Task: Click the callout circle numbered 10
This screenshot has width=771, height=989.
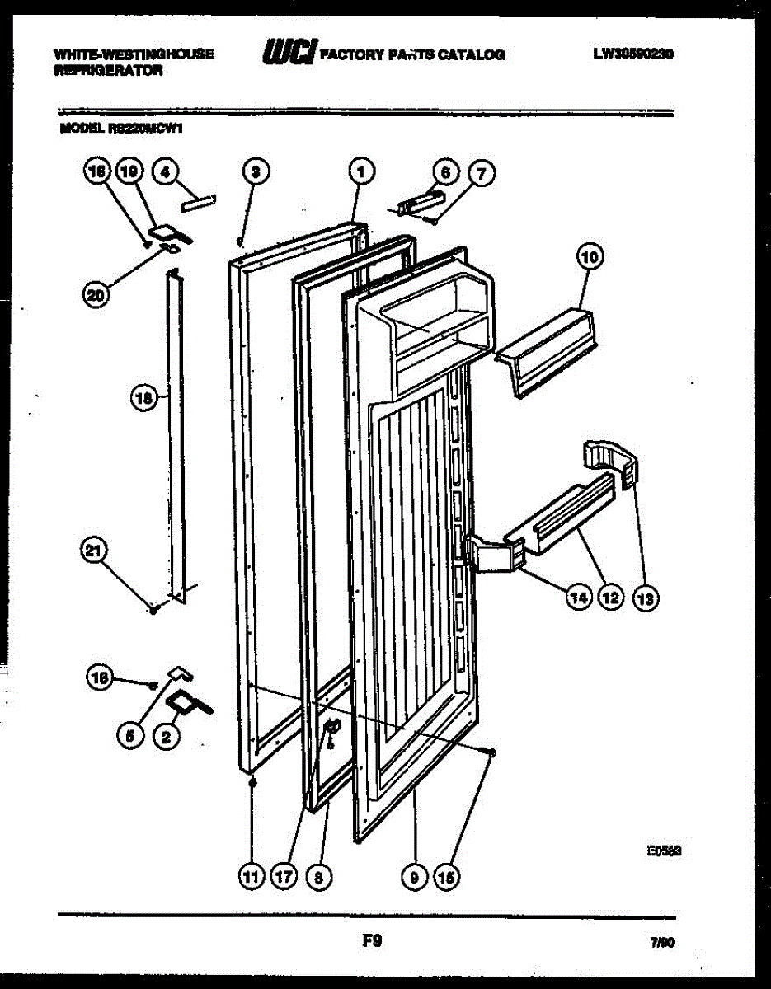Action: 590,258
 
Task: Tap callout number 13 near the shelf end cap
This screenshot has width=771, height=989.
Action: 646,600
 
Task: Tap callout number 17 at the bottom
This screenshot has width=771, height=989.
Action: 283,878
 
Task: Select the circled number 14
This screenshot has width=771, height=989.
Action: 580,599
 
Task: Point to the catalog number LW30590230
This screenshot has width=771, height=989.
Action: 633,54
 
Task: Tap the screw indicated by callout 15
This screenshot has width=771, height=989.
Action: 491,752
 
